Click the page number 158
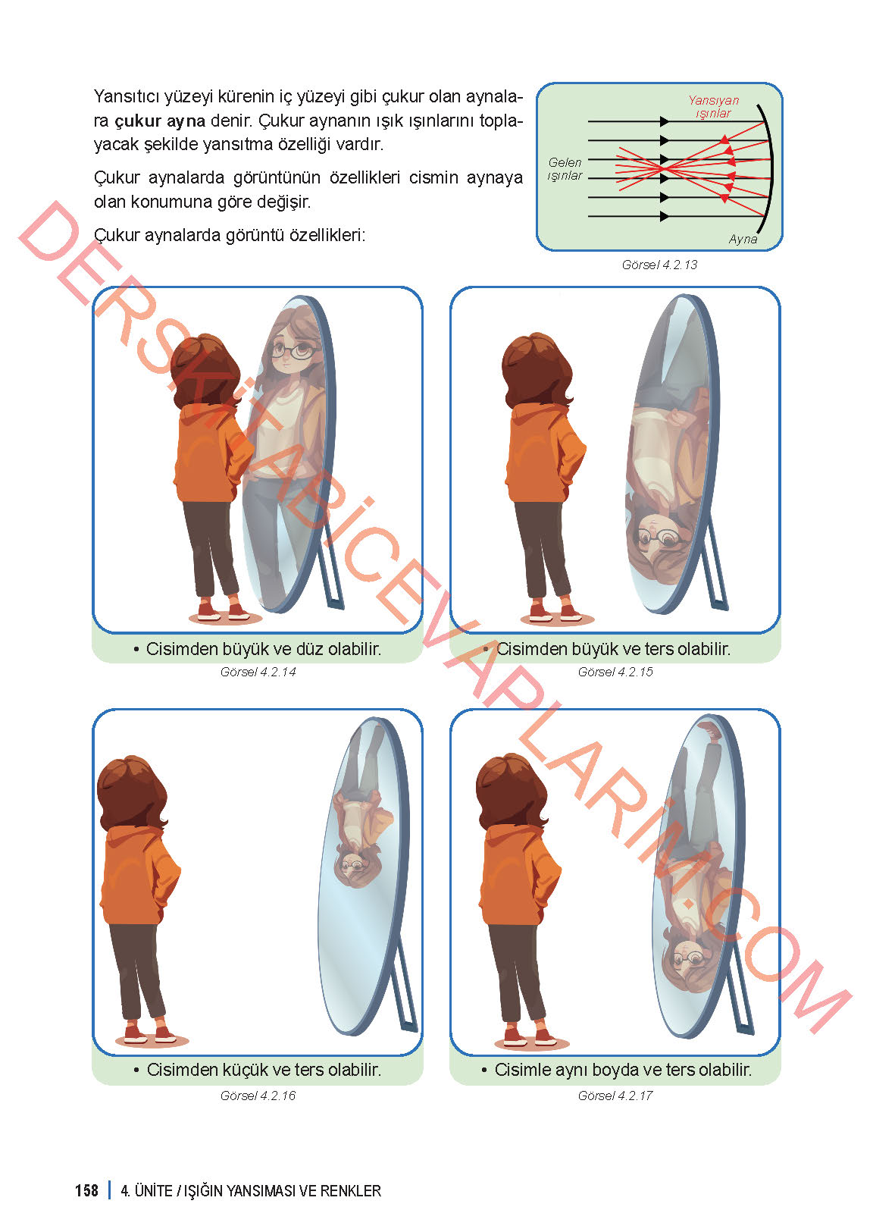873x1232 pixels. click(x=86, y=1190)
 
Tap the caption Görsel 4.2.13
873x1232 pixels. click(x=659, y=265)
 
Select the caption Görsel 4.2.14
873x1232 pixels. click(x=258, y=672)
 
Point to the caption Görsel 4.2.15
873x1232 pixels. click(x=615, y=672)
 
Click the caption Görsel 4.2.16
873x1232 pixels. click(x=258, y=1096)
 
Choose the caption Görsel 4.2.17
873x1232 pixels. click(x=615, y=1096)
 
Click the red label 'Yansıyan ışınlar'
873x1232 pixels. click(x=713, y=106)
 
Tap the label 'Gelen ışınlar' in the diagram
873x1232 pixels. click(x=565, y=169)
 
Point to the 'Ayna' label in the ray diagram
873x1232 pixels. click(x=743, y=239)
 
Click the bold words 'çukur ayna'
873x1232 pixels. click(x=160, y=121)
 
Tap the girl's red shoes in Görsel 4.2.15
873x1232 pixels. click(x=554, y=613)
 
